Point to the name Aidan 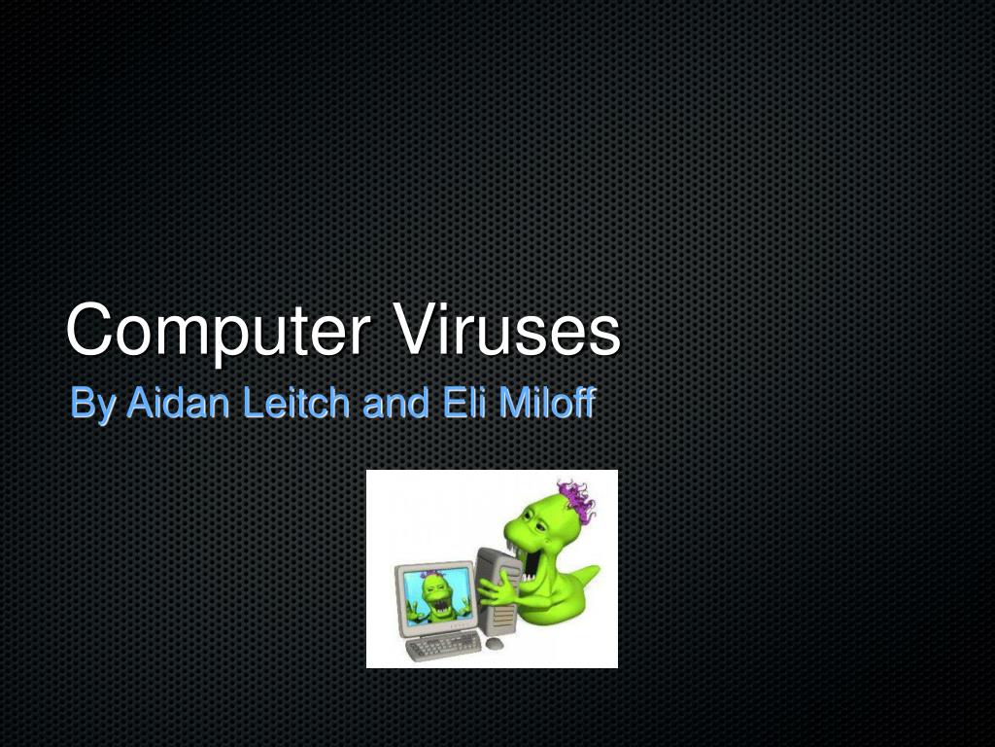180,403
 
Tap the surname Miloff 545,403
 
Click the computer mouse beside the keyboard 496,644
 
